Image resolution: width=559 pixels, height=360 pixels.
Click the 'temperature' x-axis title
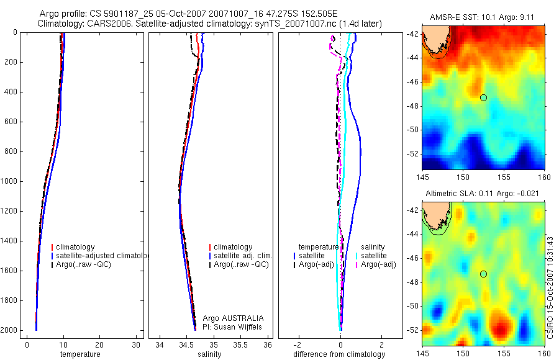[x=80, y=354]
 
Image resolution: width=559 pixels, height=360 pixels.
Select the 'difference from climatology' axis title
[x=339, y=354]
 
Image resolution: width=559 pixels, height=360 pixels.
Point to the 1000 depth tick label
[x=9, y=182]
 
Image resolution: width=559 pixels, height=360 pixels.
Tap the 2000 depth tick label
[x=9, y=331]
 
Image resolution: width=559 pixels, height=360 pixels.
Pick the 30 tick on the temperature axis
[x=137, y=345]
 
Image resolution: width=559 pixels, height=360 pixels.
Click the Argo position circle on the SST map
[x=483, y=97]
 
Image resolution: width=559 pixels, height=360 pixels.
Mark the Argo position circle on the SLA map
[x=483, y=274]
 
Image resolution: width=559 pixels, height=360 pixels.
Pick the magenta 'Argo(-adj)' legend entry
[x=378, y=265]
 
